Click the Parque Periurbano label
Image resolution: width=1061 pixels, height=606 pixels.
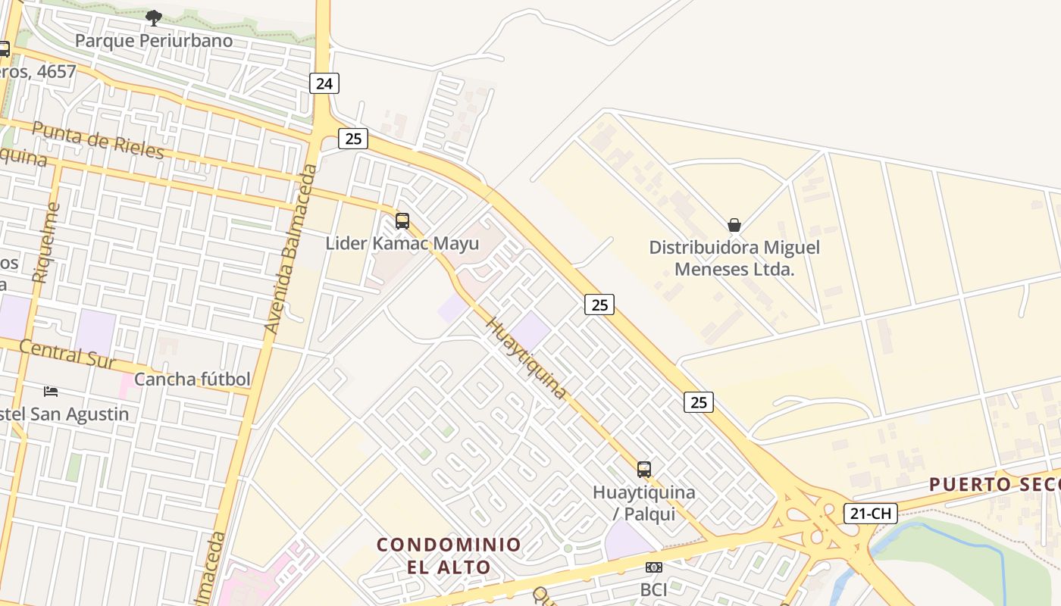154,40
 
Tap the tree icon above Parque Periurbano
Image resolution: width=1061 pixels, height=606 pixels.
154,17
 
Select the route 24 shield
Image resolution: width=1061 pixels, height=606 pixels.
324,83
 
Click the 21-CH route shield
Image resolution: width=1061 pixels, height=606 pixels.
870,514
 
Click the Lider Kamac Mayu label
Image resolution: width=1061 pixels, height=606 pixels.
402,243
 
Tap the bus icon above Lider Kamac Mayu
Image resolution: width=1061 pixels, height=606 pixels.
402,221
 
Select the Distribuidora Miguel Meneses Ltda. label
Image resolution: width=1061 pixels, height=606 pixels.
734,258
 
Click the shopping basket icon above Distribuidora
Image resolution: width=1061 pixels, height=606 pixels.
734,225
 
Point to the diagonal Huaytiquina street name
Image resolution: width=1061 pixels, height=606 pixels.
525,358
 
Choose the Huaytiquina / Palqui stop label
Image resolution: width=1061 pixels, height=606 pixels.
643,502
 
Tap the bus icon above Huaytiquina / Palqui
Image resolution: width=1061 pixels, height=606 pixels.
643,470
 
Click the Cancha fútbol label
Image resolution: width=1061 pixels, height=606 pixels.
192,379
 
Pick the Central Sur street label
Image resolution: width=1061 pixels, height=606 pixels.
68,353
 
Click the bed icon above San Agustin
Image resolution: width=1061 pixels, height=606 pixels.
51,392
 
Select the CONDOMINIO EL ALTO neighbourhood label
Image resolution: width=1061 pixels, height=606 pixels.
449,555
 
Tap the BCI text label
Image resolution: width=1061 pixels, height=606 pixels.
653,589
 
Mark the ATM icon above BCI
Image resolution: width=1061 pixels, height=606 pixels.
653,567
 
